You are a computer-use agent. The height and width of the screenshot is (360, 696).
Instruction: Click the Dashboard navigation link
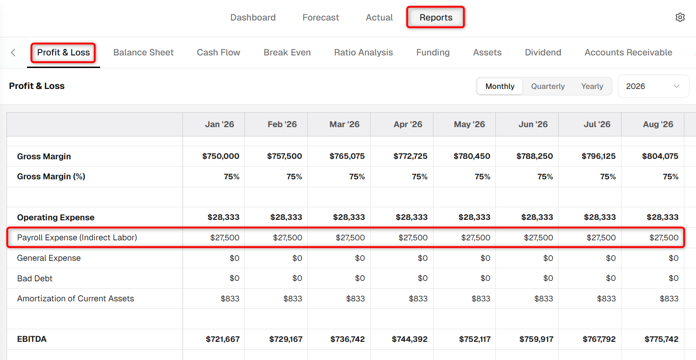click(253, 17)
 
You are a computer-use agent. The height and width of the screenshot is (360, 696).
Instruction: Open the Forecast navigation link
click(321, 17)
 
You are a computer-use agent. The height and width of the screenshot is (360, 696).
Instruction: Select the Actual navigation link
click(379, 17)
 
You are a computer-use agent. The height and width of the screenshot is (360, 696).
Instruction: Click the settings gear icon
click(680, 17)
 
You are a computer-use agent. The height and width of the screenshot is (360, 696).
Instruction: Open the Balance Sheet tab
click(143, 52)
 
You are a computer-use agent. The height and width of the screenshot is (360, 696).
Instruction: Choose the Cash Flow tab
click(218, 52)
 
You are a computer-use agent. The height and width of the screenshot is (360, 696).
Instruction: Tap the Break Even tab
click(287, 52)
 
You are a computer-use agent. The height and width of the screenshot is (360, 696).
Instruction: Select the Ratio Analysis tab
click(364, 52)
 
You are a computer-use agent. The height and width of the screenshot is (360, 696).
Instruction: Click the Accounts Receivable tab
click(628, 52)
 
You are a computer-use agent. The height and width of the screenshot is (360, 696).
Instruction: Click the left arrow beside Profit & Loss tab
click(13, 53)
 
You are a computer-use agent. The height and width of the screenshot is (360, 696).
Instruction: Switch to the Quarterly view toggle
click(548, 86)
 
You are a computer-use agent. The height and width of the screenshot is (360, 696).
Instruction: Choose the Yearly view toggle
click(592, 86)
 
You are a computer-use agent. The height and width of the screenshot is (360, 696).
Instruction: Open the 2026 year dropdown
click(654, 86)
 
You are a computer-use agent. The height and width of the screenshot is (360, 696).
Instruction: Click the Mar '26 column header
click(344, 124)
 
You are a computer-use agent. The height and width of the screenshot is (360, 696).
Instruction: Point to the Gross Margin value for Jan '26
click(221, 156)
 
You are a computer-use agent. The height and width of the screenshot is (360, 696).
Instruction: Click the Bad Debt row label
click(35, 278)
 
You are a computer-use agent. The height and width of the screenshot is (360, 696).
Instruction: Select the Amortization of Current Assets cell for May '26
click(480, 299)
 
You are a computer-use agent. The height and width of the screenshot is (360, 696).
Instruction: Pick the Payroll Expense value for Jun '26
click(539, 238)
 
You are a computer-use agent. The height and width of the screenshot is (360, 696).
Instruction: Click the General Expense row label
click(49, 258)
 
